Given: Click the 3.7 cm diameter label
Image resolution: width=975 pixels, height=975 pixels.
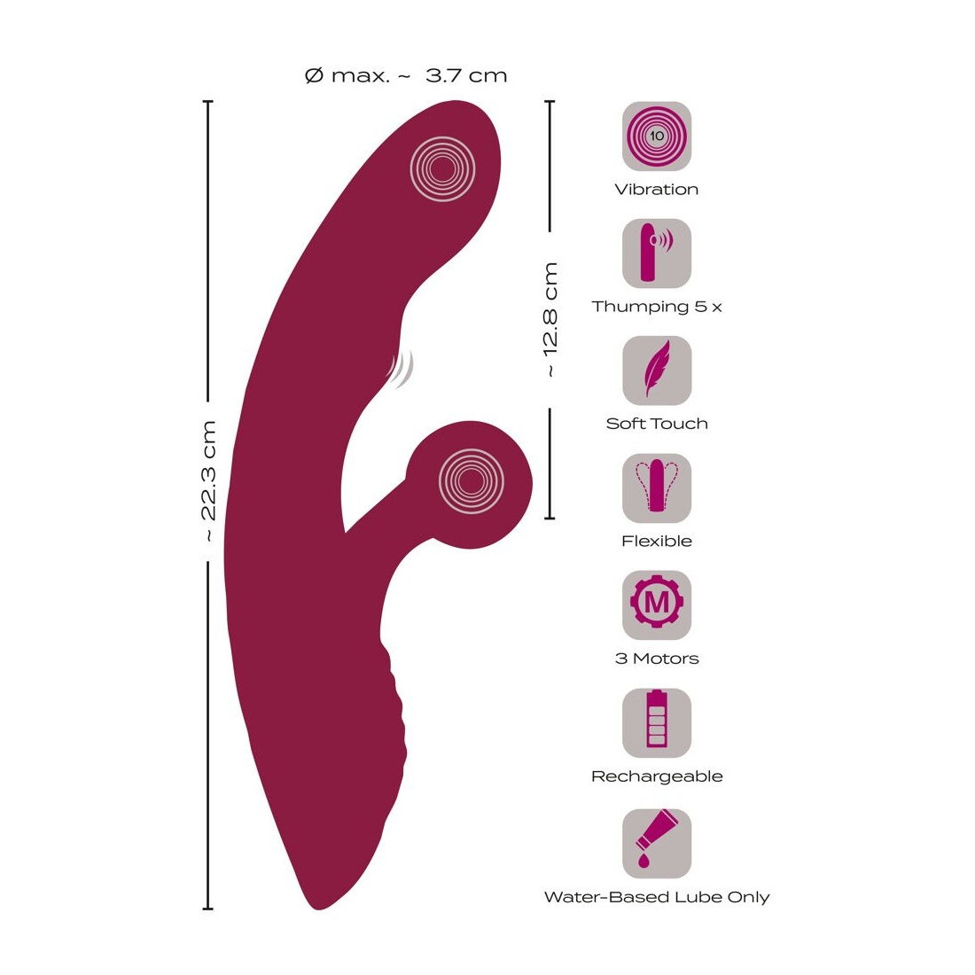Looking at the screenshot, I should [x=406, y=75].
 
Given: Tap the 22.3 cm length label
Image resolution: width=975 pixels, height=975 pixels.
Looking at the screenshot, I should [x=207, y=481].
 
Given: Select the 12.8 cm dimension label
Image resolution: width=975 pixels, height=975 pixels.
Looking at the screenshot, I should [x=550, y=319].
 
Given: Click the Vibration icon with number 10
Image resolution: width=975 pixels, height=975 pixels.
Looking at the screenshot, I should [x=656, y=136].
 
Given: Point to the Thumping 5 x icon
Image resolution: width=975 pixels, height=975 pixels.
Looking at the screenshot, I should [x=656, y=253].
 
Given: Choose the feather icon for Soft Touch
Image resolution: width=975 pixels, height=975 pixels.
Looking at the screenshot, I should [x=656, y=370].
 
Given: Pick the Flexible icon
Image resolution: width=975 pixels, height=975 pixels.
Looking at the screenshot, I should [x=656, y=488].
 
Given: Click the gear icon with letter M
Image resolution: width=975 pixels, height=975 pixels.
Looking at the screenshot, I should [x=656, y=605].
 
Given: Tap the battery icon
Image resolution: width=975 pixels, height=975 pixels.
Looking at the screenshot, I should [x=656, y=723].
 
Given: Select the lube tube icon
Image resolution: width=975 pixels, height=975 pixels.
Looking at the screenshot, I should [x=656, y=843].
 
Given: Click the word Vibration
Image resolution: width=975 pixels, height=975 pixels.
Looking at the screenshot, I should [x=656, y=189].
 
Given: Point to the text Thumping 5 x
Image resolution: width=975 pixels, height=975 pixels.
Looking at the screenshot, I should [x=656, y=307].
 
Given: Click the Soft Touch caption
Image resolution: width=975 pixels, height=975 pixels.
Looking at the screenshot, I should [x=656, y=424].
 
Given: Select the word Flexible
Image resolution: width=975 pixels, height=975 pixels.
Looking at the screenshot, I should [x=656, y=541].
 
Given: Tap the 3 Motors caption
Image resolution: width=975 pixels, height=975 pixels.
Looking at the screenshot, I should [x=656, y=659].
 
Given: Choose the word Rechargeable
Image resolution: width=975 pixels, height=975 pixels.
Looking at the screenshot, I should [x=656, y=776].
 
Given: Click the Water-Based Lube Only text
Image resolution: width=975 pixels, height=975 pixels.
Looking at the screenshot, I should [x=656, y=897].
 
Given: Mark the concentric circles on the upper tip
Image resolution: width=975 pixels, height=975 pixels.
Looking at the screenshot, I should [x=442, y=168].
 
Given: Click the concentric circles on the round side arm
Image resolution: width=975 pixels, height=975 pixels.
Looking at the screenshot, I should [x=471, y=481].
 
